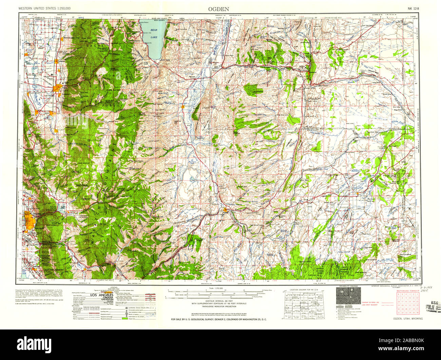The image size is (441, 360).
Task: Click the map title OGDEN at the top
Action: [x=219, y=8]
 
